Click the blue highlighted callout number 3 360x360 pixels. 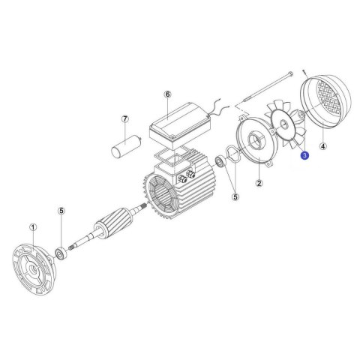click(x=304, y=155)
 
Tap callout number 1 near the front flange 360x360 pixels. click(x=33, y=227)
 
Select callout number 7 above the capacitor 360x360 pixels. click(x=125, y=119)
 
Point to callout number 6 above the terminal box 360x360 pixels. click(x=167, y=94)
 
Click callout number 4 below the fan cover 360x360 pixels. click(x=323, y=146)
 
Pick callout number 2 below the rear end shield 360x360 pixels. click(x=259, y=183)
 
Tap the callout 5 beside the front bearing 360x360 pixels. click(x=61, y=211)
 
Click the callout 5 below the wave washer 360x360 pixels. click(x=235, y=197)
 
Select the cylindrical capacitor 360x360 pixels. click(x=127, y=146)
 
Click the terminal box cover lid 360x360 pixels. click(x=180, y=119)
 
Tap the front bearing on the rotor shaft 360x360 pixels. click(x=61, y=253)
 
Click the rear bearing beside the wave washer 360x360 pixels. click(x=220, y=161)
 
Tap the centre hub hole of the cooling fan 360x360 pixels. click(x=283, y=124)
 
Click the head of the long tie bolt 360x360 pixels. click(x=290, y=73)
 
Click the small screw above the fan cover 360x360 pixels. click(x=305, y=72)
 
